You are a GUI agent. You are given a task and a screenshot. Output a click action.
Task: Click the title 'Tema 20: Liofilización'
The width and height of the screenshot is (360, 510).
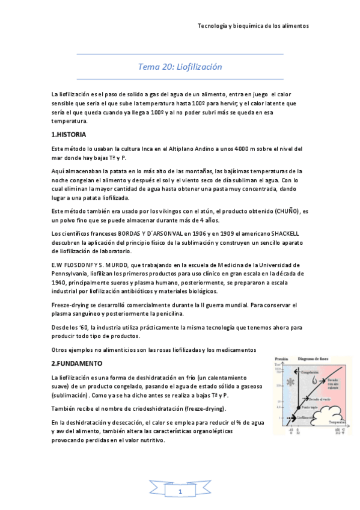pyautogui.click(x=180, y=67)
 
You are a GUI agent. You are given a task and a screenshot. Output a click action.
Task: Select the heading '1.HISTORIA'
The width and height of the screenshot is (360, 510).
pyautogui.click(x=69, y=134)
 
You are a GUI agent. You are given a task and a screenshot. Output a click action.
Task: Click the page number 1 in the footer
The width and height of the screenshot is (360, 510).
pyautogui.click(x=180, y=493)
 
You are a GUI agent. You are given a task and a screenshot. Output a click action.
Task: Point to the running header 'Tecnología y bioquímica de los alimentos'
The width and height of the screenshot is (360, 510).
pyautogui.click(x=253, y=26)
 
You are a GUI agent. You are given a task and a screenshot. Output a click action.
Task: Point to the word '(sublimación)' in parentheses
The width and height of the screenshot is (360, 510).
pyautogui.click(x=71, y=395)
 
